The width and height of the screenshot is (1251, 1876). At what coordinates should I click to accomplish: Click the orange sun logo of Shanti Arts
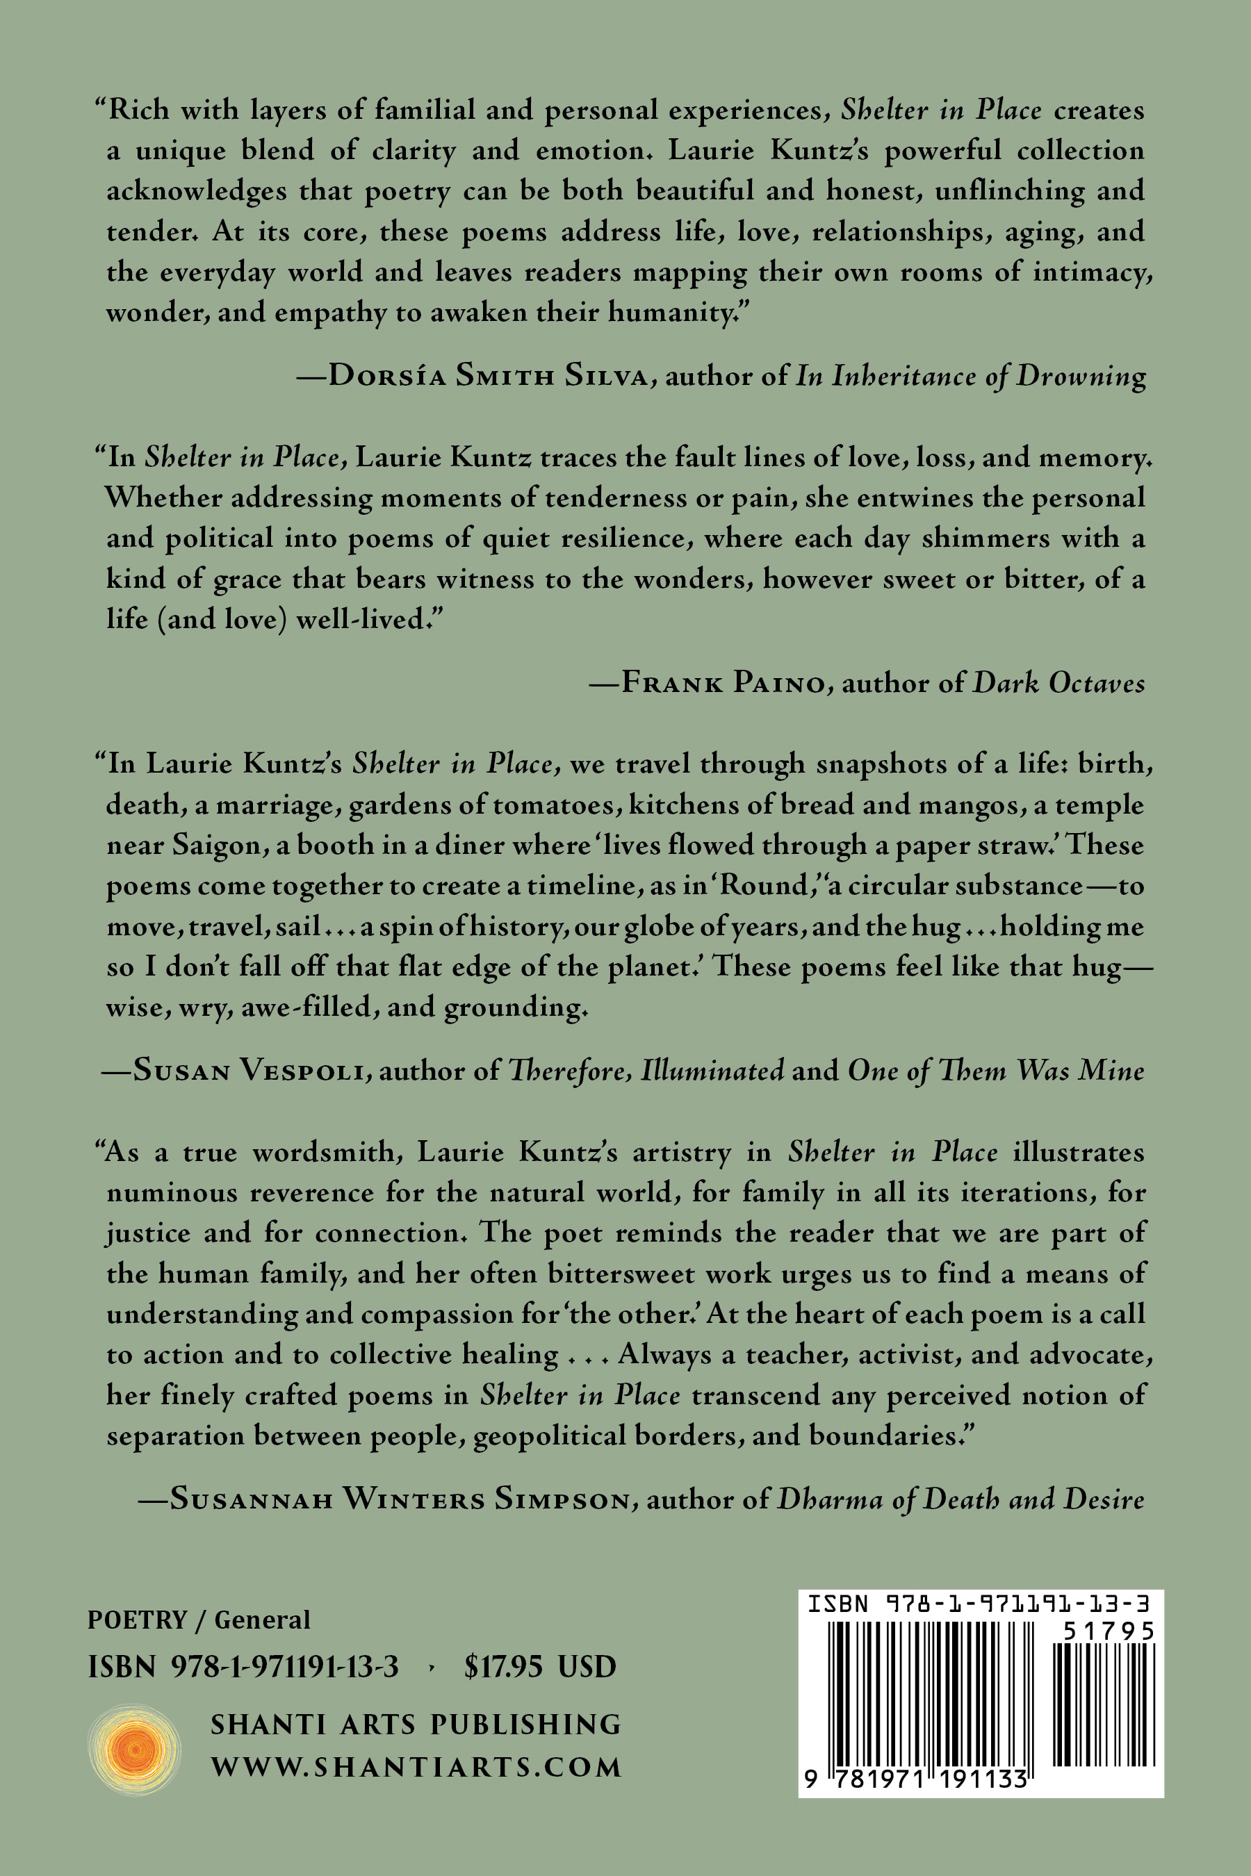pyautogui.click(x=134, y=1749)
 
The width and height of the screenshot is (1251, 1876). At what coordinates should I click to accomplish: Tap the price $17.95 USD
pyautogui.click(x=540, y=1666)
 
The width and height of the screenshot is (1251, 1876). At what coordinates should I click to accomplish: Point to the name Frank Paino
pyautogui.click(x=723, y=683)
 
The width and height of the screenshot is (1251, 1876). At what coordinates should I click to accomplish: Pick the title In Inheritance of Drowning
pyautogui.click(x=971, y=375)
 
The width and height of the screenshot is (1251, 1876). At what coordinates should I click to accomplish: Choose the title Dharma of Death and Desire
pyautogui.click(x=960, y=1499)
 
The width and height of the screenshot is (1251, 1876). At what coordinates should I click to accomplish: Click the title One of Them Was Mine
pyautogui.click(x=996, y=1069)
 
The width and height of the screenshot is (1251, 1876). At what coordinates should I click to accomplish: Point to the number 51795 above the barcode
pyautogui.click(x=1109, y=1631)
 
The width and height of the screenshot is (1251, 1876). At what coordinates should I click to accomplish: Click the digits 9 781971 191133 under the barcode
pyautogui.click(x=915, y=1779)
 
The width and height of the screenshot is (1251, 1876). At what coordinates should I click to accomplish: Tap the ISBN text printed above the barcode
pyautogui.click(x=979, y=1604)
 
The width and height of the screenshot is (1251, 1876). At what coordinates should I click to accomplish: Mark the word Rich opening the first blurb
pyautogui.click(x=138, y=109)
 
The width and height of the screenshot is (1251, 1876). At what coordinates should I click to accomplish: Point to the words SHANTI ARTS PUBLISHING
pyautogui.click(x=416, y=1725)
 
